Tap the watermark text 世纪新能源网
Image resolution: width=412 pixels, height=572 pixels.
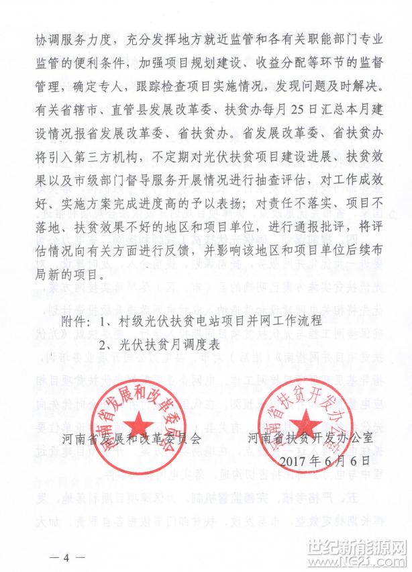click(x=363, y=546)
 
